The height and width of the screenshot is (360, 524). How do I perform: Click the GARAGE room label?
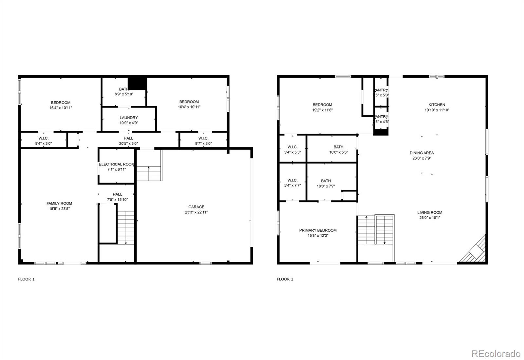point(196,207)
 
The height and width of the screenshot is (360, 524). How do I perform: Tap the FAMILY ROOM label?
point(59,203)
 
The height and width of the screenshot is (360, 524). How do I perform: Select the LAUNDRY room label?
point(129,118)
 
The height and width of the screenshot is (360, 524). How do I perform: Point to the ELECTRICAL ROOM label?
point(117,164)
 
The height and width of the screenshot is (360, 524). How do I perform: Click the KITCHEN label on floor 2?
point(437,105)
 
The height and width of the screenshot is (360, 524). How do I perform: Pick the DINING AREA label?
point(421,153)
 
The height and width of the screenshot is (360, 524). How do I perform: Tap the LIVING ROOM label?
point(430,212)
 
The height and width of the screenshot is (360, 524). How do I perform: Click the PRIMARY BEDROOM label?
point(318,230)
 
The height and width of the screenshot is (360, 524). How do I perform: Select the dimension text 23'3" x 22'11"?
point(196,212)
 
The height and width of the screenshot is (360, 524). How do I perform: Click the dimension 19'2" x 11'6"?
point(322,110)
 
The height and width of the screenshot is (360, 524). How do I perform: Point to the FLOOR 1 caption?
point(26,279)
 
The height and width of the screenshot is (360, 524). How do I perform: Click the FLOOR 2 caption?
point(285,279)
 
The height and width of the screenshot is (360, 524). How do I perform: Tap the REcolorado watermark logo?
point(496,354)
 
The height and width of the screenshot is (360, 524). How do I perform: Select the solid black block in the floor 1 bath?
point(137,83)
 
